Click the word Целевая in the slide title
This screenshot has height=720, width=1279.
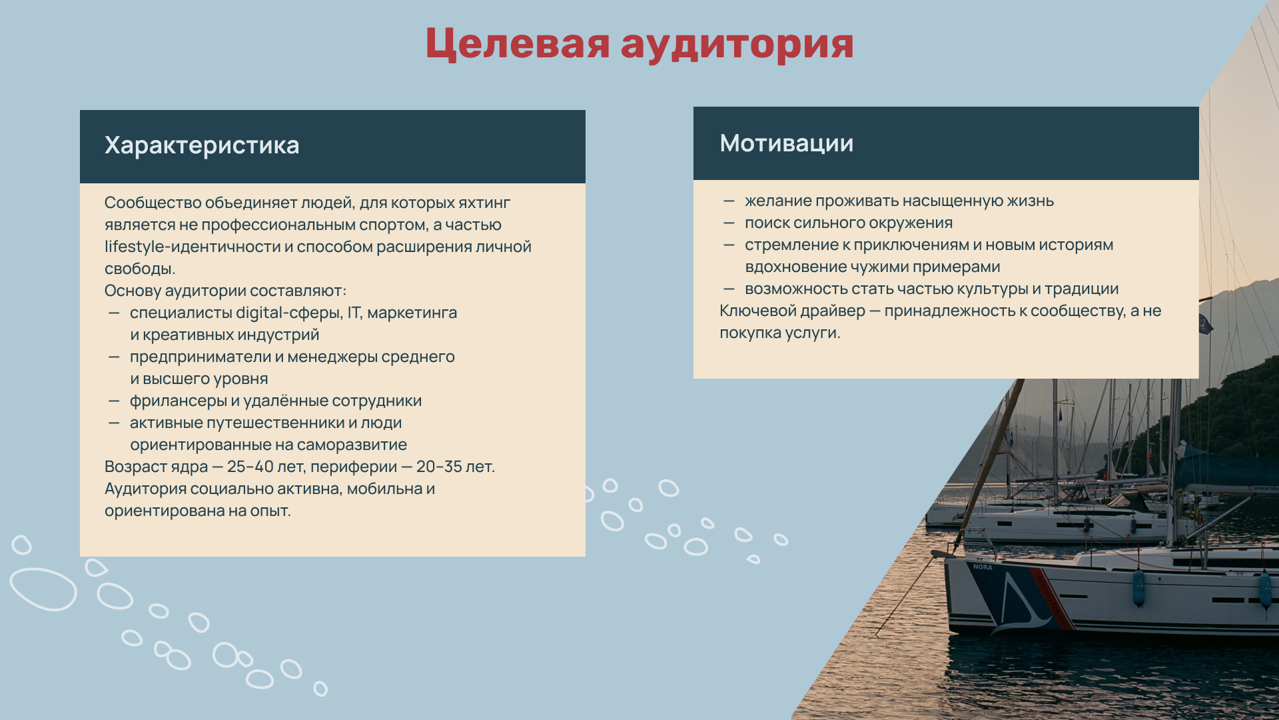pos(518,44)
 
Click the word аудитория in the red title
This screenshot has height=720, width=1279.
pos(737,44)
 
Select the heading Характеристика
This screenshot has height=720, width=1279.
pos(202,145)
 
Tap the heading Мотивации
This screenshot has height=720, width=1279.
pos(786,143)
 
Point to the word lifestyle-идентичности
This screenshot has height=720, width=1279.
pos(193,247)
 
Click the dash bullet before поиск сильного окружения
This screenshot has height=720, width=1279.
pos(729,223)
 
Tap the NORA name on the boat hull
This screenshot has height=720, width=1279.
pos(983,567)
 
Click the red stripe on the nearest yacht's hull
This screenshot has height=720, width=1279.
pos(1051,597)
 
